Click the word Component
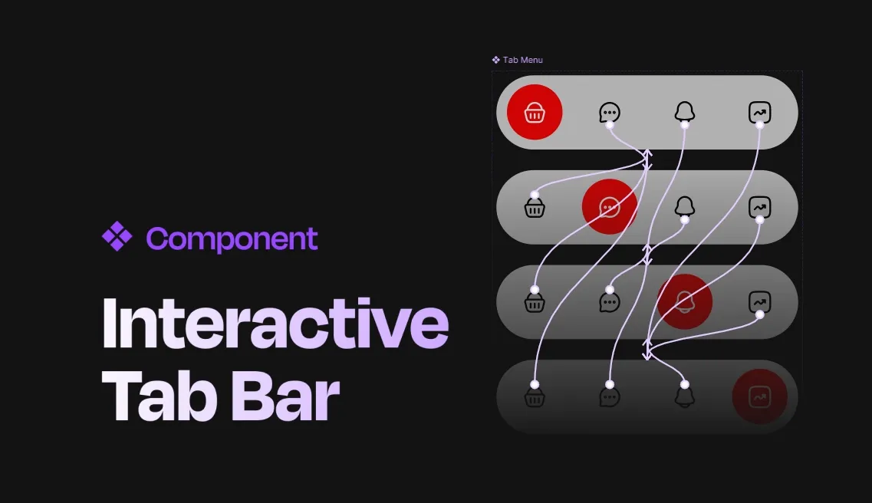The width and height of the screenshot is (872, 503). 232,239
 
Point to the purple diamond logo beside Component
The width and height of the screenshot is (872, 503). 117,236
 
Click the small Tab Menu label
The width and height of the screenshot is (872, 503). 522,60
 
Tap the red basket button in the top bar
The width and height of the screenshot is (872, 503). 535,113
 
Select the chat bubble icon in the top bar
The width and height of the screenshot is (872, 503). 609,113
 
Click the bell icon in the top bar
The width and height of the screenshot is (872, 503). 684,112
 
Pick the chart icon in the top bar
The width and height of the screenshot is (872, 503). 759,113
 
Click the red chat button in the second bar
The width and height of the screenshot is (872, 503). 610,207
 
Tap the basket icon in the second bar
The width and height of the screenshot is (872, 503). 535,208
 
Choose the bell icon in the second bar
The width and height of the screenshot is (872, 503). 684,206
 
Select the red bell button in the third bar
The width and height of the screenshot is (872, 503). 685,301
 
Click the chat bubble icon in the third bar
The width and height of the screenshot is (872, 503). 609,302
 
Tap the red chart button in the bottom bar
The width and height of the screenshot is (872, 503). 759,396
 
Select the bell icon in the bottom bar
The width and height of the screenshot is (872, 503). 684,397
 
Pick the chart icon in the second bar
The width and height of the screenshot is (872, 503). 759,207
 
